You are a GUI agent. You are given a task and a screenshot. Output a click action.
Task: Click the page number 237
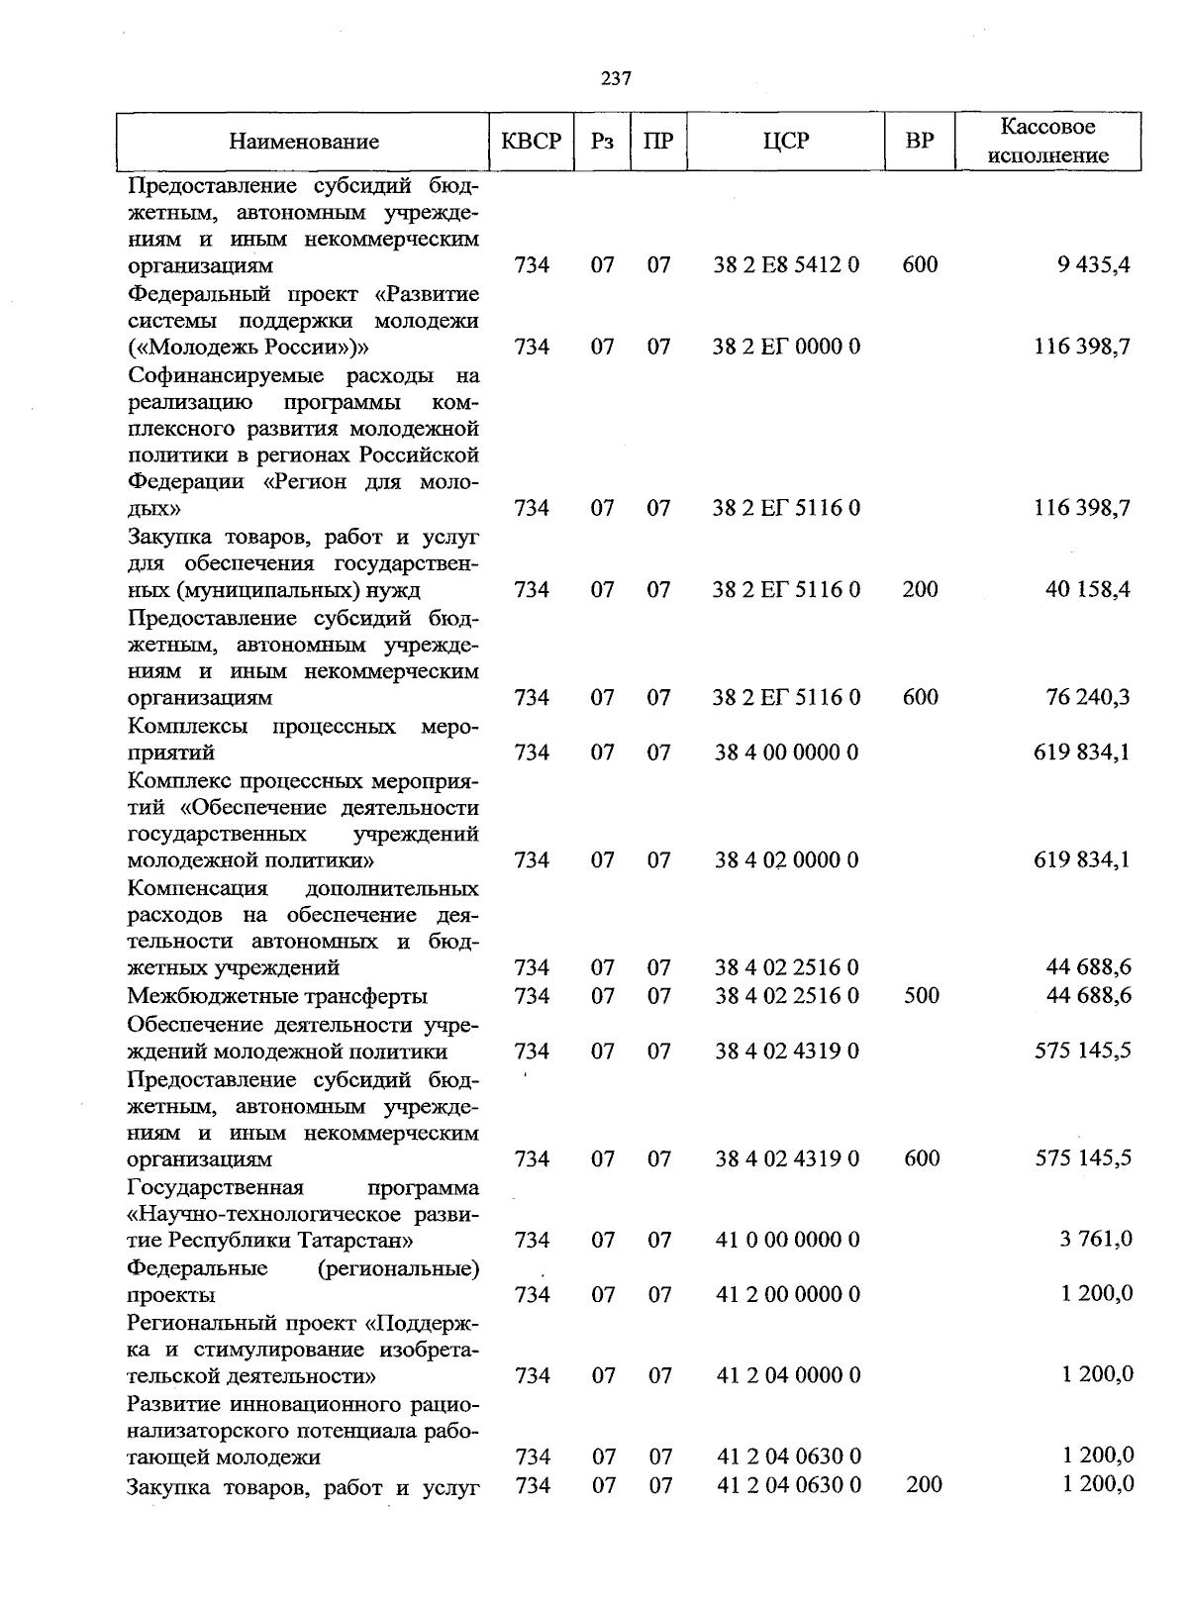[616, 79]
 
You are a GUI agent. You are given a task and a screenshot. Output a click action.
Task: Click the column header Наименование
[304, 142]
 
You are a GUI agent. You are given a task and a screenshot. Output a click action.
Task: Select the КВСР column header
[532, 142]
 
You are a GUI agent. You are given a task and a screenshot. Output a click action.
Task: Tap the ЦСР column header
[786, 142]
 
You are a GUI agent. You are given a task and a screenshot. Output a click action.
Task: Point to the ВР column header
[920, 142]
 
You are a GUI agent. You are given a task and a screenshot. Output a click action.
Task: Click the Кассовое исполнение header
[1048, 142]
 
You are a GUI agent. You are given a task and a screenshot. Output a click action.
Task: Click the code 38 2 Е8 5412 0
[787, 264]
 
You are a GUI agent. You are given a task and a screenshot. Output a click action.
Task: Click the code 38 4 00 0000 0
[787, 753]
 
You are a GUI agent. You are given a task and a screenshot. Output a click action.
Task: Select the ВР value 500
[922, 995]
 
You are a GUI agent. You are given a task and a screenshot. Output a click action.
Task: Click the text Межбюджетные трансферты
[277, 995]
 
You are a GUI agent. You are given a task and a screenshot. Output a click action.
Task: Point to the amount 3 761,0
[1096, 1240]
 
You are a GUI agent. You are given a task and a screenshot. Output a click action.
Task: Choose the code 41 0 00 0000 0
[787, 1240]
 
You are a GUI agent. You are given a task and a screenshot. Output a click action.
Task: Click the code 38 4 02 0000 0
[787, 860]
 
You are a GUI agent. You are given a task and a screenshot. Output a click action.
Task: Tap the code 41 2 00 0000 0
[787, 1294]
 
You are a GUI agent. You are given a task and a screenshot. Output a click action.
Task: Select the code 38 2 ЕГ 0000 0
[787, 347]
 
